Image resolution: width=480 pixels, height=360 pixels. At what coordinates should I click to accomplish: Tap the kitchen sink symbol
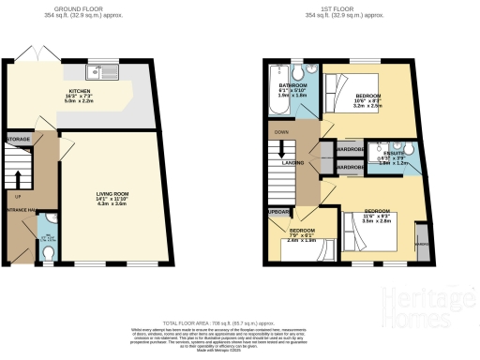coord(98,71)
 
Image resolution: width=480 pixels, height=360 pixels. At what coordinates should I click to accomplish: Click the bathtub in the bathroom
coord(277,92)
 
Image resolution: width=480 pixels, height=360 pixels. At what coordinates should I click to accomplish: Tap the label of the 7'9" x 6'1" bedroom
coord(302,230)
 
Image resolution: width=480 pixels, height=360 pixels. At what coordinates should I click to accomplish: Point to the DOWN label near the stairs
coord(280,132)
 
